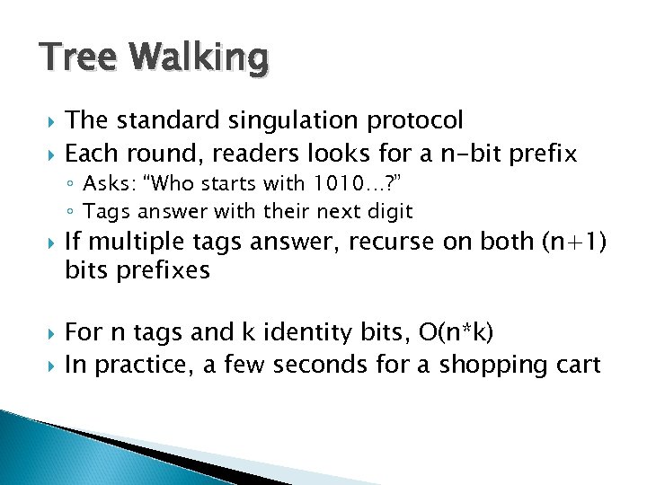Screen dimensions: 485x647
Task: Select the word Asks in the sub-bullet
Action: [x=106, y=185]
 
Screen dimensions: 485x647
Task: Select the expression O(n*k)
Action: [x=456, y=333]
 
